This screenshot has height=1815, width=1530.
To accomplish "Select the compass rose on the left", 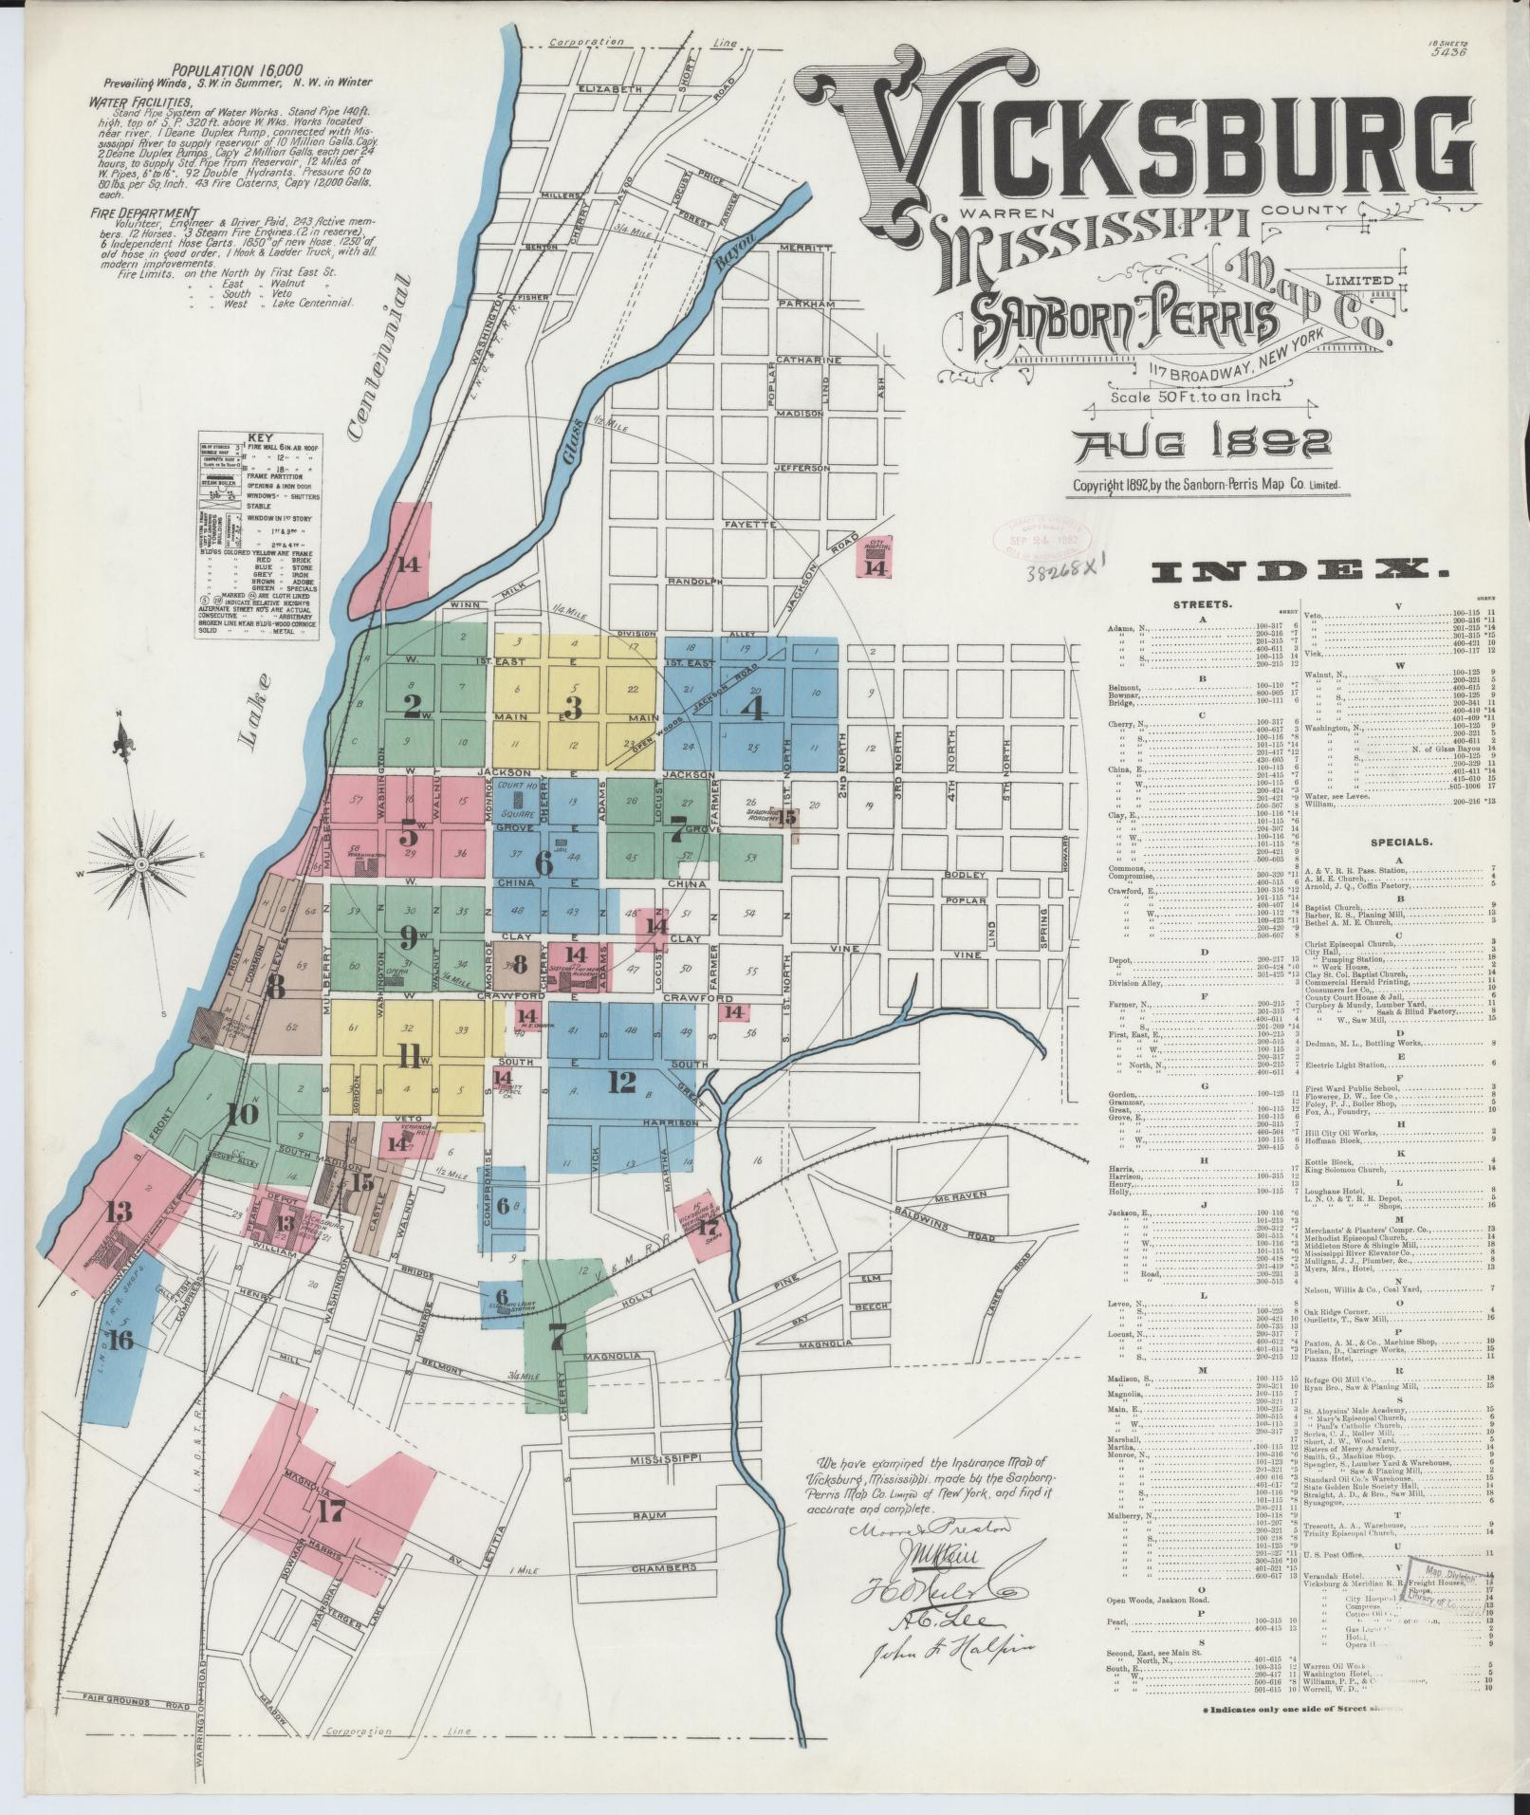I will [140, 863].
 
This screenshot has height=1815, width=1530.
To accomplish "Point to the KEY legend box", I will [258, 537].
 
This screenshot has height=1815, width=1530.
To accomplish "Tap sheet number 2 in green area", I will [412, 705].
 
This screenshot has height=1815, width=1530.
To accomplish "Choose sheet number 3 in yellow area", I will [572, 707].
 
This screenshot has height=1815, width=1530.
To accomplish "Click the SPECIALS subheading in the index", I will [1400, 842].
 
